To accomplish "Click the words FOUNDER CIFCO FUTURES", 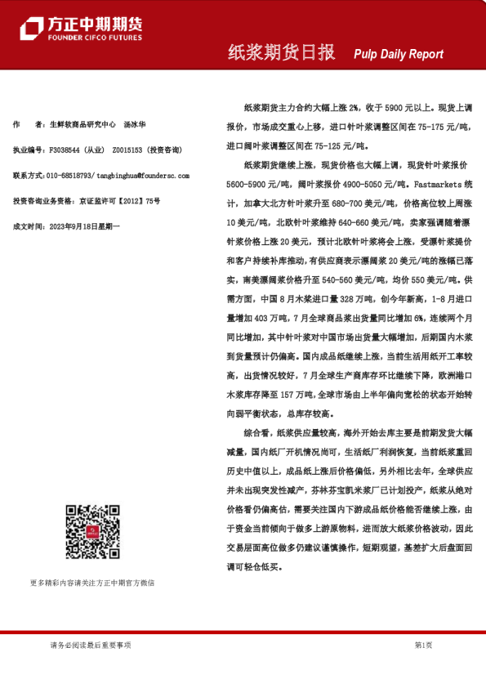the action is [95, 38].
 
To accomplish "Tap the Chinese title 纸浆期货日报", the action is [281, 53].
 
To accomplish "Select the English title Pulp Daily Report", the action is [399, 55].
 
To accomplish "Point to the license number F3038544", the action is [65, 150].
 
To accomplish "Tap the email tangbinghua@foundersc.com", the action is [143, 176].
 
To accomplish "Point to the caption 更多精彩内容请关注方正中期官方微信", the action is [92, 583].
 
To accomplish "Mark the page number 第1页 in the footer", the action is [423, 646].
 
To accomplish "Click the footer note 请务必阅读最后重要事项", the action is [91, 646].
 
